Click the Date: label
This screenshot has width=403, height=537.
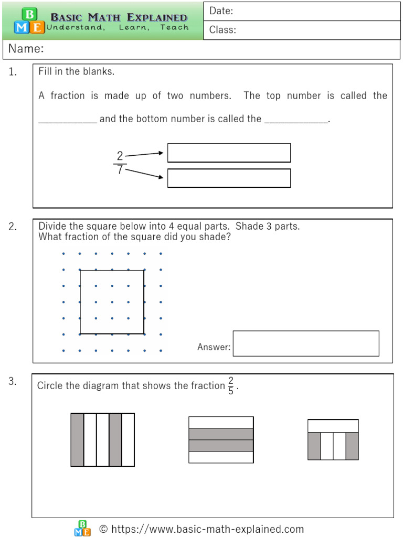[x=221, y=11]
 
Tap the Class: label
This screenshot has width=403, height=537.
[x=222, y=30]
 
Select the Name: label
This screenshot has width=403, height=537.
[x=25, y=49]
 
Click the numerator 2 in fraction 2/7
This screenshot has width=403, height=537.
[x=120, y=156]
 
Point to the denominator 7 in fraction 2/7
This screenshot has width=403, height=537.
[x=120, y=170]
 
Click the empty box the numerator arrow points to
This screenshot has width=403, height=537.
[x=229, y=153]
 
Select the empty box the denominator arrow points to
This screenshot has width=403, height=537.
[x=229, y=178]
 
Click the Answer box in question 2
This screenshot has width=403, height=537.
[x=305, y=343]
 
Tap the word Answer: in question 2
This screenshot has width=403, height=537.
[x=214, y=347]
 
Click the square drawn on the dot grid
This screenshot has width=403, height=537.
[x=112, y=302]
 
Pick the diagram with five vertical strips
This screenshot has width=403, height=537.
[x=103, y=439]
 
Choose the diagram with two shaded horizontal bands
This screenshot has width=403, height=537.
[x=221, y=439]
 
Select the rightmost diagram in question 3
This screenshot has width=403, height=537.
[x=333, y=439]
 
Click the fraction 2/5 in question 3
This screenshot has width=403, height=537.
[x=231, y=386]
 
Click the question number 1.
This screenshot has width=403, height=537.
[x=13, y=72]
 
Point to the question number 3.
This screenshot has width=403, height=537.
[x=13, y=382]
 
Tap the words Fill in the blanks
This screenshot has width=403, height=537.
[x=77, y=72]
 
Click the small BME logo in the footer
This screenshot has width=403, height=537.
[x=82, y=529]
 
